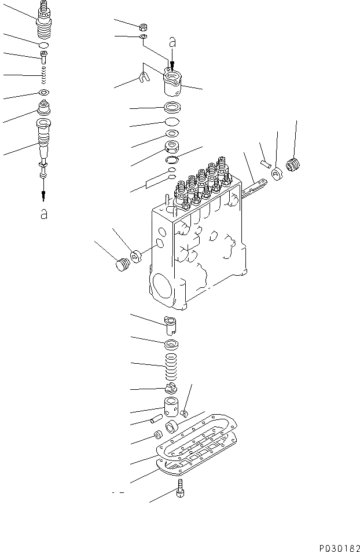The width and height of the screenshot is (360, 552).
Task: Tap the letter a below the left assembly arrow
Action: [x=43, y=214]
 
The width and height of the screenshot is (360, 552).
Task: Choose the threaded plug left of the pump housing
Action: [x=120, y=265]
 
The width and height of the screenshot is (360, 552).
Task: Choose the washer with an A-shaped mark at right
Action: [x=277, y=173]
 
